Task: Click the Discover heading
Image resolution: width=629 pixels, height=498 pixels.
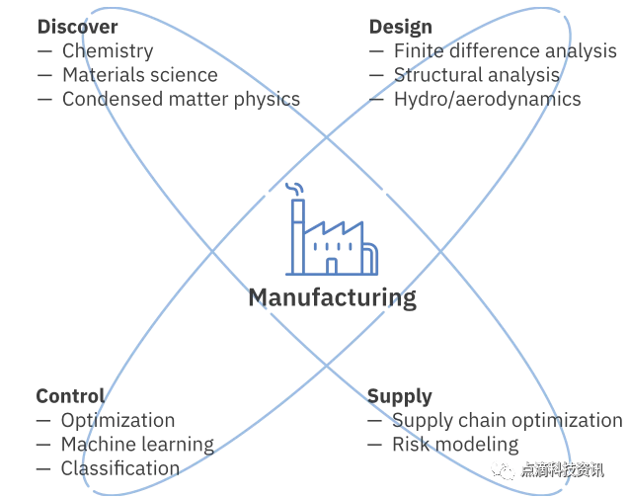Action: [x=77, y=27]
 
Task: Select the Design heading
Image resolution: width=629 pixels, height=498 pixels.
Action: [x=401, y=27]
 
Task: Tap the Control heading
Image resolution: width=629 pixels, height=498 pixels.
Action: [x=70, y=396]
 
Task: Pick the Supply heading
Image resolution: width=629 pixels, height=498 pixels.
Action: [x=400, y=396]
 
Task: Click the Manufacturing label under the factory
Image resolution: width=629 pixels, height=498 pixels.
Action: [x=332, y=297]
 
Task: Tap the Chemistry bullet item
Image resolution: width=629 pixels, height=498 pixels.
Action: [x=108, y=50]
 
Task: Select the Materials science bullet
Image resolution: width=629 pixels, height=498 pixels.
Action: [x=139, y=74]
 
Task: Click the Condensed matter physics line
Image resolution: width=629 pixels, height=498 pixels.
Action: [x=181, y=99]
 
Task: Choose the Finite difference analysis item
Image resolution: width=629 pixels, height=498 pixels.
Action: [x=505, y=50]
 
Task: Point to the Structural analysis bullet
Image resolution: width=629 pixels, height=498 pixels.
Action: [x=477, y=74]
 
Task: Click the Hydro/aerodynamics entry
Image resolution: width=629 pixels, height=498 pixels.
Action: [x=487, y=99]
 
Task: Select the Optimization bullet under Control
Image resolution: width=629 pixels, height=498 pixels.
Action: [x=118, y=420]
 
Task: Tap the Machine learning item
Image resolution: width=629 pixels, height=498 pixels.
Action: [x=137, y=445]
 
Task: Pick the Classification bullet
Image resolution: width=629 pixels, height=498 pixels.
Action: [x=120, y=468]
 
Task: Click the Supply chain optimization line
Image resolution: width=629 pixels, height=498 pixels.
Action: [x=507, y=420]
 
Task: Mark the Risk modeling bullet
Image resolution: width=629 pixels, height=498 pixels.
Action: [x=455, y=445]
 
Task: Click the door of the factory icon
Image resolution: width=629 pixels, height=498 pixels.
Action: [x=332, y=266]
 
